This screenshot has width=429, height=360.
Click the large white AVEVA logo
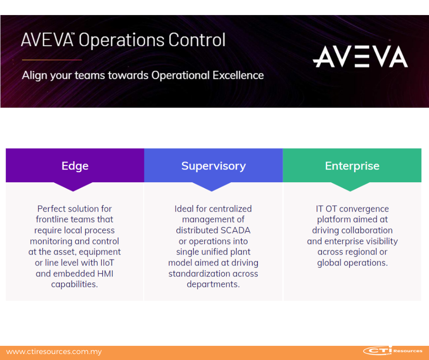click(361, 57)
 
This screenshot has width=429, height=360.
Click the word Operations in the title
click(121, 41)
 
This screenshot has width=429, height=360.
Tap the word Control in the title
click(197, 40)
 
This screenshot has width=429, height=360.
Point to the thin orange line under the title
click(52, 60)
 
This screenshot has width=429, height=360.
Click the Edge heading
click(75, 166)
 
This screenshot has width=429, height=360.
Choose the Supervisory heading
click(214, 166)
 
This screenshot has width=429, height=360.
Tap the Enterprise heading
click(352, 166)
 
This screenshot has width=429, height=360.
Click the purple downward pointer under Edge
click(73, 186)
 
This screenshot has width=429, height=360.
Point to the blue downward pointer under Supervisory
click(211, 186)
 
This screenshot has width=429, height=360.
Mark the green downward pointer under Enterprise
click(350, 186)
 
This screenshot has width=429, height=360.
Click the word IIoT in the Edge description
click(107, 263)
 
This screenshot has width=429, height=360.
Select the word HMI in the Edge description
click(105, 274)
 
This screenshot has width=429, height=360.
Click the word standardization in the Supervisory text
click(199, 274)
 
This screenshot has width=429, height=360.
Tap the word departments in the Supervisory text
click(213, 284)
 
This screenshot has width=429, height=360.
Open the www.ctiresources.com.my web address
click(54, 352)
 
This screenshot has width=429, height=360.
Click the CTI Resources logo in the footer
click(393, 351)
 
